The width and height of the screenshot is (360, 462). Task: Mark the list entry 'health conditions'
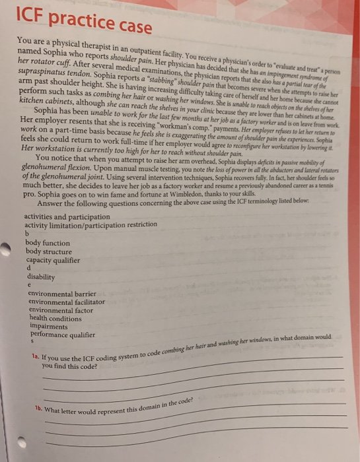point(57,318)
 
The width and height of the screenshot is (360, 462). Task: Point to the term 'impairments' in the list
point(49,326)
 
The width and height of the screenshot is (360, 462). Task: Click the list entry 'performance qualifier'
point(62,335)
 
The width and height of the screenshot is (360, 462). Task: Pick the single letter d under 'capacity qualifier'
point(27,269)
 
